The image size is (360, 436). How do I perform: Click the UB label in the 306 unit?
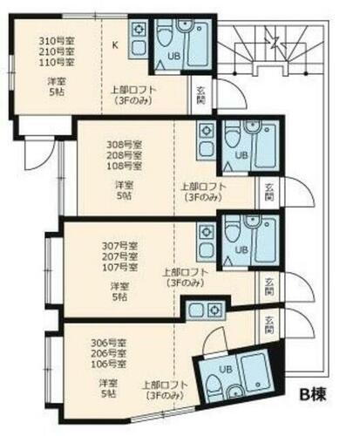click(x=226, y=368)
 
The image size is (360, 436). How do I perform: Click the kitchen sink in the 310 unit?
click(x=139, y=30)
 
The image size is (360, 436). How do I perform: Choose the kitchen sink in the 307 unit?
click(x=207, y=231)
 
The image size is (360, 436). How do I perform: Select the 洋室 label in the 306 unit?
click(x=108, y=383)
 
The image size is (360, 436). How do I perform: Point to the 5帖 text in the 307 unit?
click(x=120, y=297)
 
